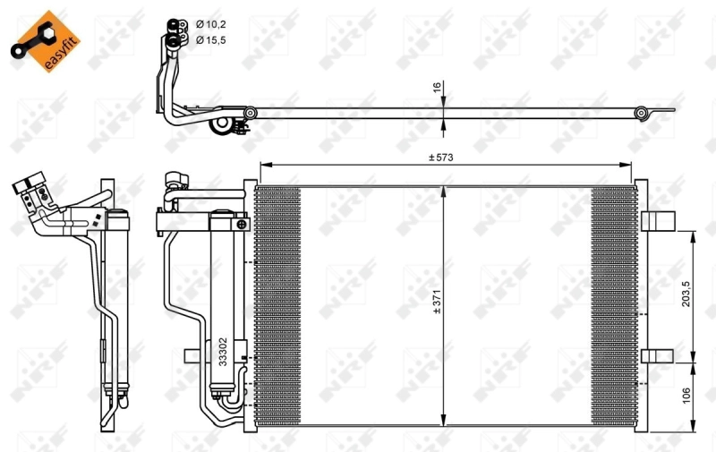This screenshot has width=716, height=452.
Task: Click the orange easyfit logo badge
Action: [x=39, y=40]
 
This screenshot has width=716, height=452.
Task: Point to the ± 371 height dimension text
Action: [x=438, y=305]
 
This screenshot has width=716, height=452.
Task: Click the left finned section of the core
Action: [x=277, y=304]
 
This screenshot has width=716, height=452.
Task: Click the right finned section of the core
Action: [x=612, y=304]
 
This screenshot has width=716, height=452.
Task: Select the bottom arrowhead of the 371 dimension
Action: [x=445, y=421]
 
